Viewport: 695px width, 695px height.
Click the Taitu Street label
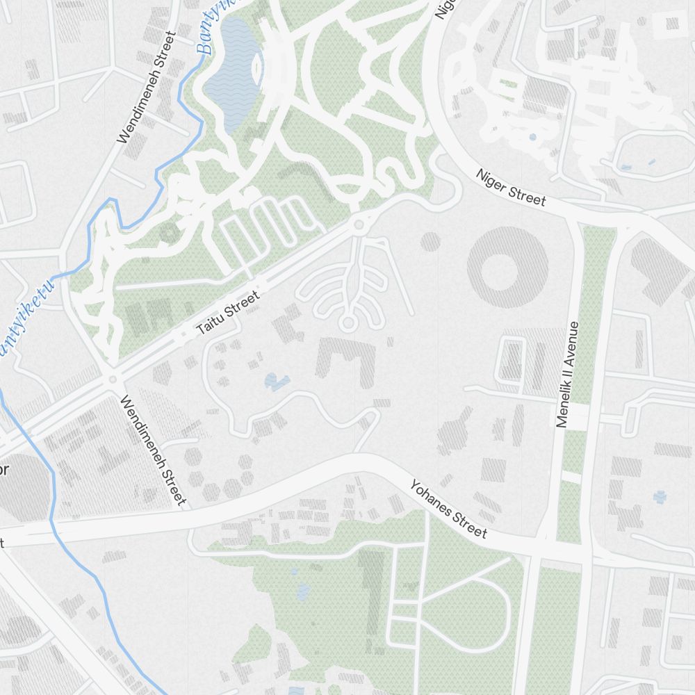(x=228, y=314)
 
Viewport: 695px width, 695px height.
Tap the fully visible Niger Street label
(x=511, y=186)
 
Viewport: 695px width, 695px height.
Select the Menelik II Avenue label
(x=567, y=373)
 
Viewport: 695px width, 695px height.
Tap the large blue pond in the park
(x=232, y=73)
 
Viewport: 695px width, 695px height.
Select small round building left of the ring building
(x=430, y=241)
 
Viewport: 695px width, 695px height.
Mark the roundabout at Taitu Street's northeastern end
(x=359, y=224)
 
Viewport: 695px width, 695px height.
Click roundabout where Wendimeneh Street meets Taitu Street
(x=111, y=379)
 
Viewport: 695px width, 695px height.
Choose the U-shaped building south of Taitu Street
(x=345, y=359)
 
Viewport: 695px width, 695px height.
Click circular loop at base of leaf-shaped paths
(x=347, y=323)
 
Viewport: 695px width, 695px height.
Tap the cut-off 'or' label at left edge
(x=3, y=471)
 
